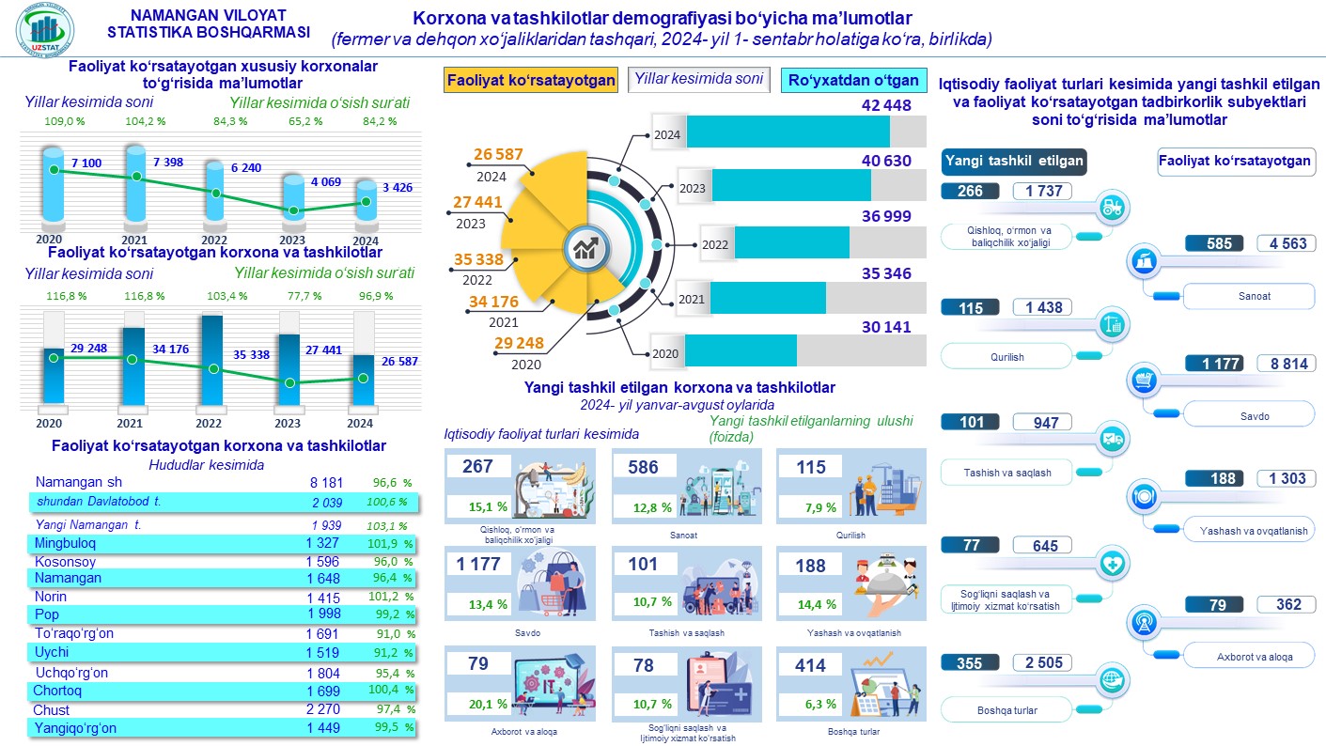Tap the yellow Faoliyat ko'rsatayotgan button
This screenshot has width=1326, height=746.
(x=531, y=80)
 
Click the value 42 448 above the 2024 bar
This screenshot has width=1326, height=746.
(x=886, y=106)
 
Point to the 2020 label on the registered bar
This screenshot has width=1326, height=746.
(x=665, y=354)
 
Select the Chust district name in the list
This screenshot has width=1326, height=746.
(x=51, y=709)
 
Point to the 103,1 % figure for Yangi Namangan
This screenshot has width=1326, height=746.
(x=386, y=525)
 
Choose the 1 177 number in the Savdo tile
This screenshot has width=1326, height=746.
(x=479, y=566)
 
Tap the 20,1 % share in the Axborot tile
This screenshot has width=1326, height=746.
(x=490, y=704)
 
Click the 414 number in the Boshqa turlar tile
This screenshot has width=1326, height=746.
(x=811, y=665)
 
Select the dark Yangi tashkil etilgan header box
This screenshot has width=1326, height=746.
(x=1014, y=161)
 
